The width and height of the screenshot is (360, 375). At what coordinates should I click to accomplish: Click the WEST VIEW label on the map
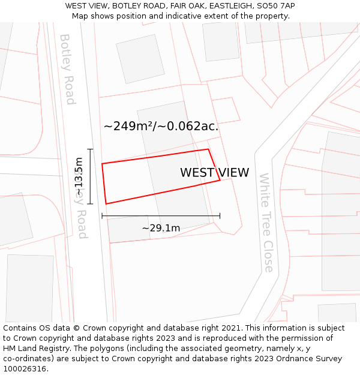(214, 173)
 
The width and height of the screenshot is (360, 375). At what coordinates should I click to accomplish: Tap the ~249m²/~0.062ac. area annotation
(161, 127)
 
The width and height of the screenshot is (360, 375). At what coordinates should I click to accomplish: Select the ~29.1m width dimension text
(161, 228)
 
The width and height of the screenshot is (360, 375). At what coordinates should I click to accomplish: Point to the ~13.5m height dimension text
(79, 176)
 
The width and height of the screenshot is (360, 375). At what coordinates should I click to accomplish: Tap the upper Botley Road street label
(67, 69)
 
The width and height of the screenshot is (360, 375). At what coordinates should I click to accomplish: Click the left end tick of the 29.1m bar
(102, 215)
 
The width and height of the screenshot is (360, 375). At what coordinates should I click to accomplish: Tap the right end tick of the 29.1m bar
(220, 215)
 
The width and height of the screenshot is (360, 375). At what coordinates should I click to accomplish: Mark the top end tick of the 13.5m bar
(90, 149)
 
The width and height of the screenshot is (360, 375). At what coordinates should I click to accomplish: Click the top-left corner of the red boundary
(102, 163)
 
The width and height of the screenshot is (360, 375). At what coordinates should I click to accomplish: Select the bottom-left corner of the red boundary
(106, 203)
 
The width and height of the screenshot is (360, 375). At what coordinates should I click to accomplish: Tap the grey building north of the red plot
(140, 58)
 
